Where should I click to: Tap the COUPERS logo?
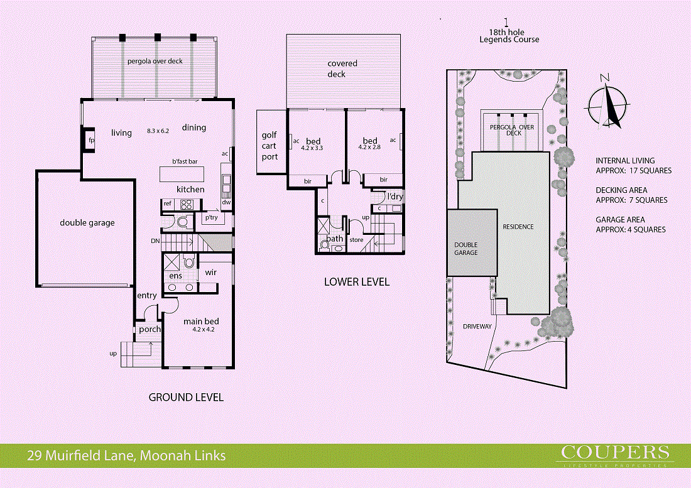click(614, 452)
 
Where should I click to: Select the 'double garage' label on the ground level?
click(87, 222)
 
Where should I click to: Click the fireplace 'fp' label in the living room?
click(91, 140)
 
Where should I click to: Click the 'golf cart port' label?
click(269, 146)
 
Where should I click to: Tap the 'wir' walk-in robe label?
click(210, 273)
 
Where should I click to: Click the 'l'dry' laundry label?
click(394, 197)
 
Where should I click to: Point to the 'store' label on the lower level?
click(356, 239)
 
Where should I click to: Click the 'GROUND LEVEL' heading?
click(185, 397)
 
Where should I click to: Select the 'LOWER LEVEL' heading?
click(356, 282)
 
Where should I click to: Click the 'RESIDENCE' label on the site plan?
click(518, 227)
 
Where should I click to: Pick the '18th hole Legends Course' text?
click(509, 36)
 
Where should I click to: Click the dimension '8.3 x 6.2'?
click(158, 131)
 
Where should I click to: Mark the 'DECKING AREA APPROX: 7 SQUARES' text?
click(631, 195)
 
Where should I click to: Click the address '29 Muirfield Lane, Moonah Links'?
click(126, 456)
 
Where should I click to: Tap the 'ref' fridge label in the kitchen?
click(168, 203)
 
